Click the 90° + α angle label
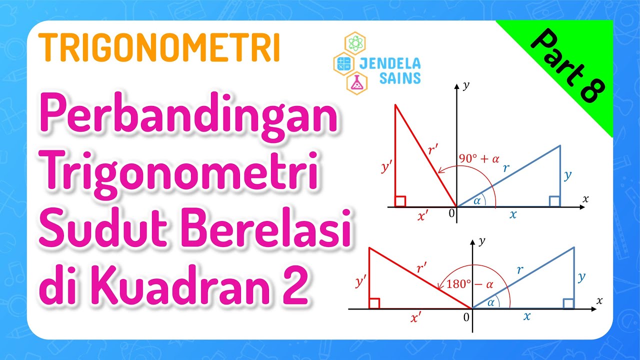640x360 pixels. pos(479,159)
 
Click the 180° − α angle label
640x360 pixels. pos(469,284)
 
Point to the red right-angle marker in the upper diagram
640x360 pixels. pos(400,201)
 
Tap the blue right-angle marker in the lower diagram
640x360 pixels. pos(568,303)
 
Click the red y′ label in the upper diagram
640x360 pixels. pos(386,168)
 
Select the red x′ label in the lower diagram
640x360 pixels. pos(415,318)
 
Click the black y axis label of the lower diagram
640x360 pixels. pos(482,241)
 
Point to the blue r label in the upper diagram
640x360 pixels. pos(506,168)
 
